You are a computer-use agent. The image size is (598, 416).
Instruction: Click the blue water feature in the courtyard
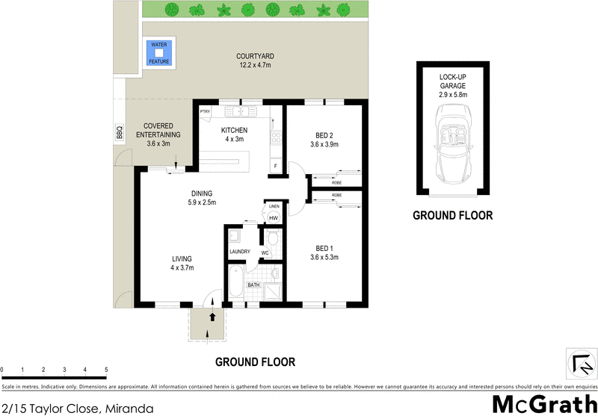tap(158, 53)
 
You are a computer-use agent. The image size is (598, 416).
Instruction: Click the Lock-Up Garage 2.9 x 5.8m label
tap(453, 86)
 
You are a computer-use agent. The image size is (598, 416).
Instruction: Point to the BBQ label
tap(118, 132)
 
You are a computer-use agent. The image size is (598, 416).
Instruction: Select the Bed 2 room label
tap(324, 140)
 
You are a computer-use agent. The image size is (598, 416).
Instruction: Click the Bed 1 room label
tap(324, 252)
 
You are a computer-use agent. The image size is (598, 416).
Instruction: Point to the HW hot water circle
tap(273, 218)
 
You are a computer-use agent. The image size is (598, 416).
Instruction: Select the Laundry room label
tap(240, 252)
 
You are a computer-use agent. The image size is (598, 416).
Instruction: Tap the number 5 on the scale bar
tap(106, 370)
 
